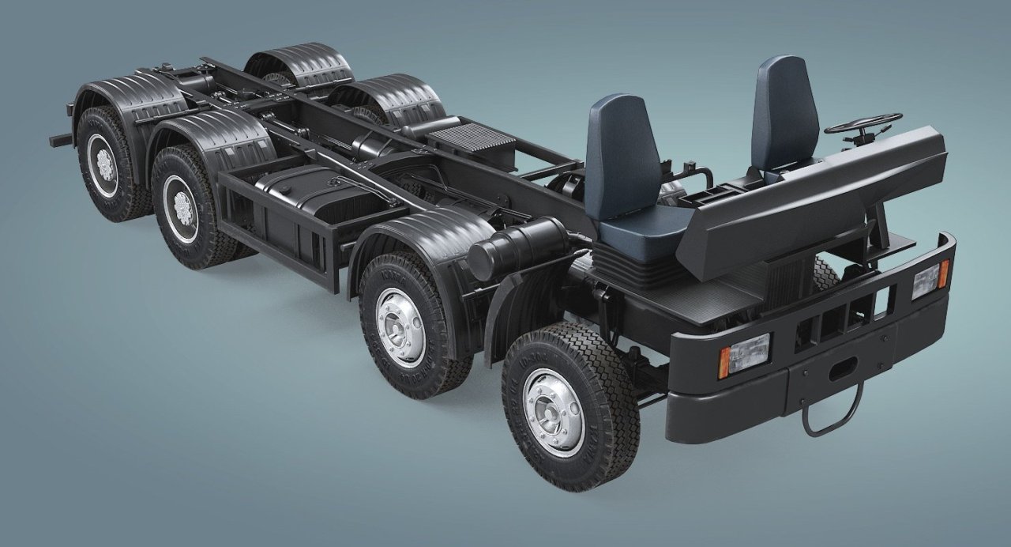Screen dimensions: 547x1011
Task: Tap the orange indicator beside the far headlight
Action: click(x=943, y=274)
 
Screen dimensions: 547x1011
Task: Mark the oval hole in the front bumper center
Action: click(x=842, y=367)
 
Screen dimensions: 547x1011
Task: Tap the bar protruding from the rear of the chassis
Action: click(x=61, y=140)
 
